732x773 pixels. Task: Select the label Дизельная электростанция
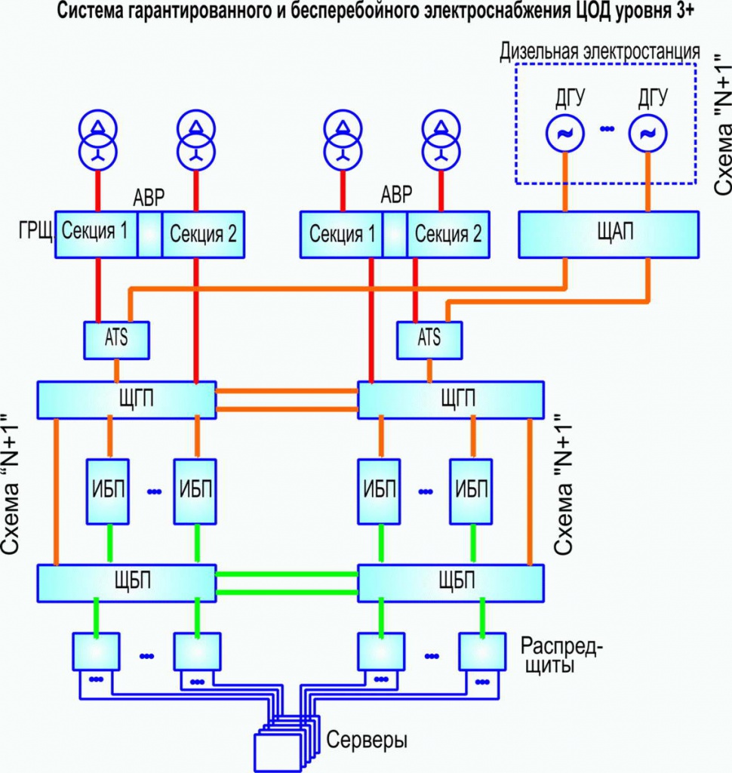pyautogui.click(x=600, y=52)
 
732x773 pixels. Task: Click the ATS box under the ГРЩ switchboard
pyautogui.click(x=116, y=338)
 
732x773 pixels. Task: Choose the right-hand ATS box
pyautogui.click(x=429, y=338)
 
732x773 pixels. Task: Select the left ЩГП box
pyautogui.click(x=127, y=399)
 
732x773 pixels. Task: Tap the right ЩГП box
pyautogui.click(x=451, y=399)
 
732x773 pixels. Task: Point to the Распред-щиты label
pyautogui.click(x=563, y=656)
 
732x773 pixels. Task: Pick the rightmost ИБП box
pyautogui.click(x=473, y=491)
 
